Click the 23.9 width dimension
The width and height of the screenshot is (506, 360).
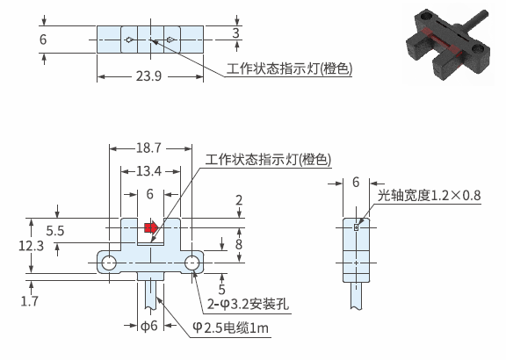tap(148, 76)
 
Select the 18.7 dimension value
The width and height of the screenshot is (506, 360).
tap(148, 148)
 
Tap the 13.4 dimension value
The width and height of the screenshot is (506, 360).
tap(148, 171)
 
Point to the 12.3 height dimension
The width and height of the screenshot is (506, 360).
tap(31, 246)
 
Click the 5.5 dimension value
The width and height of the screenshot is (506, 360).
tap(54, 231)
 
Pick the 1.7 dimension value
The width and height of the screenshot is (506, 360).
tap(29, 301)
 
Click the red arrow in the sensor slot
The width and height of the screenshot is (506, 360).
tap(151, 227)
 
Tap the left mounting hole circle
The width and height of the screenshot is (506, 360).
tap(109, 263)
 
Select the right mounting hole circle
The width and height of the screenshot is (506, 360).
tap(192, 263)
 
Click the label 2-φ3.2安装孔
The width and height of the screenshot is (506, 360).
tap(248, 304)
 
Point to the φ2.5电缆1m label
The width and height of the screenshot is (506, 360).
tap(230, 328)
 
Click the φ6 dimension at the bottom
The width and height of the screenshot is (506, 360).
tap(148, 326)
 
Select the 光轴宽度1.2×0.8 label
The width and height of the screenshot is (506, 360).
tap(430, 195)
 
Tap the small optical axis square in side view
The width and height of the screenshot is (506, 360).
tap(357, 227)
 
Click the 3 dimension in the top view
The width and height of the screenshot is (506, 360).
tap(236, 32)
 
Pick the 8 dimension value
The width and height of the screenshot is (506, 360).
tap(238, 244)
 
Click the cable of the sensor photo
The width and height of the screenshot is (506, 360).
tap(473, 21)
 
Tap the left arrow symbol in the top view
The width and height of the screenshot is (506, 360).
tap(129, 40)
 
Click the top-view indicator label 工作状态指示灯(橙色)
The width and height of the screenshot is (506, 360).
tap(290, 68)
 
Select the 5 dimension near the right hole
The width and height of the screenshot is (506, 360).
tap(221, 289)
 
